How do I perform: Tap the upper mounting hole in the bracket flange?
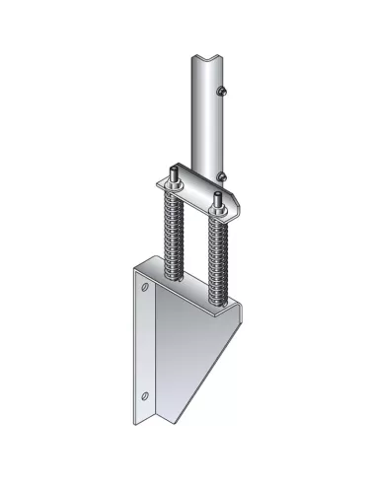(x=145, y=290)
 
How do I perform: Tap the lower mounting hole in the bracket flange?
(x=146, y=394)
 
